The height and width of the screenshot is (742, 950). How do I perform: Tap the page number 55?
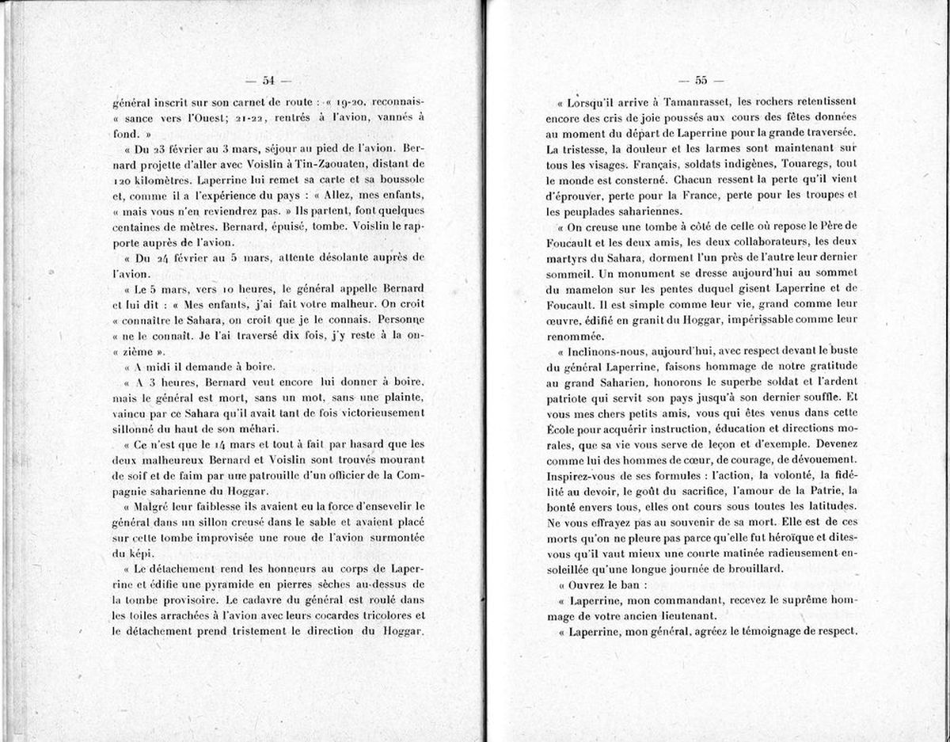(701, 79)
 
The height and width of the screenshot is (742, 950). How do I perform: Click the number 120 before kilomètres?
(123, 180)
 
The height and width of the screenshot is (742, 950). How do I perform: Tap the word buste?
(841, 349)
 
